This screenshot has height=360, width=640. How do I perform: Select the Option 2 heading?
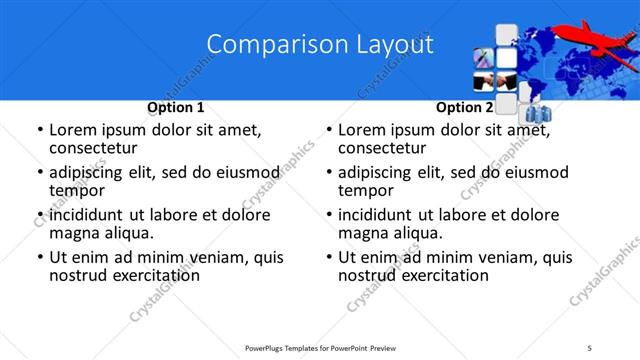(x=464, y=107)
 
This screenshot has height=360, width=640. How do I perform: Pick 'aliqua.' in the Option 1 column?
(x=127, y=233)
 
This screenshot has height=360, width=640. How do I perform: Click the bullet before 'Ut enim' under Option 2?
(x=329, y=258)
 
